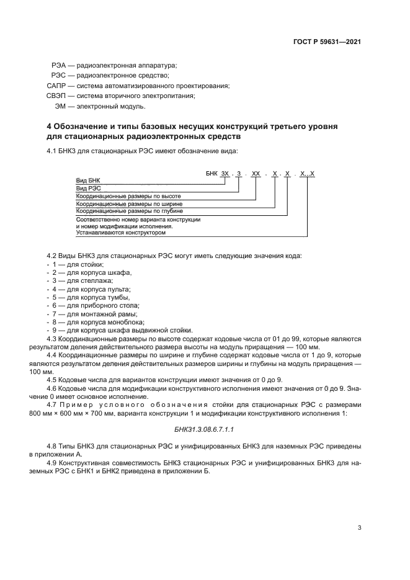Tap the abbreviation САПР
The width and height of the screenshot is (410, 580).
point(56,85)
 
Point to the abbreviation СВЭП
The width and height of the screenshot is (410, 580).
point(56,96)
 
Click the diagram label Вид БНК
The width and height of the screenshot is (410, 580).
point(87,179)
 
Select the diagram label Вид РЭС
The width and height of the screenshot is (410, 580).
point(88,187)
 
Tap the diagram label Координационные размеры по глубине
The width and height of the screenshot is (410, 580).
point(129,211)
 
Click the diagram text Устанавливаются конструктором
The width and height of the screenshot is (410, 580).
point(121,233)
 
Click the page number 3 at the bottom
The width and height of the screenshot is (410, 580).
point(359,527)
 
